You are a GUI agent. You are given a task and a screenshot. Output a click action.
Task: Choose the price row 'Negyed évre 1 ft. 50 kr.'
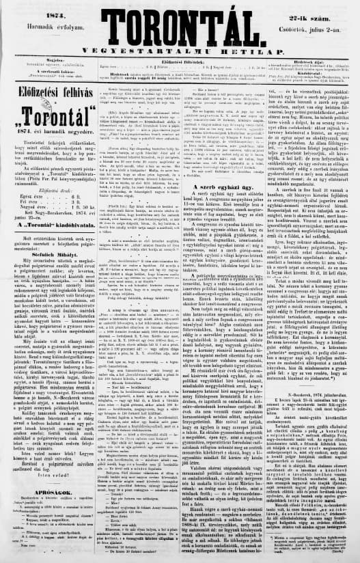[x=43, y=188]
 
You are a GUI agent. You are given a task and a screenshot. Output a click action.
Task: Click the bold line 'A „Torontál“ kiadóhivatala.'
[x=43, y=204]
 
